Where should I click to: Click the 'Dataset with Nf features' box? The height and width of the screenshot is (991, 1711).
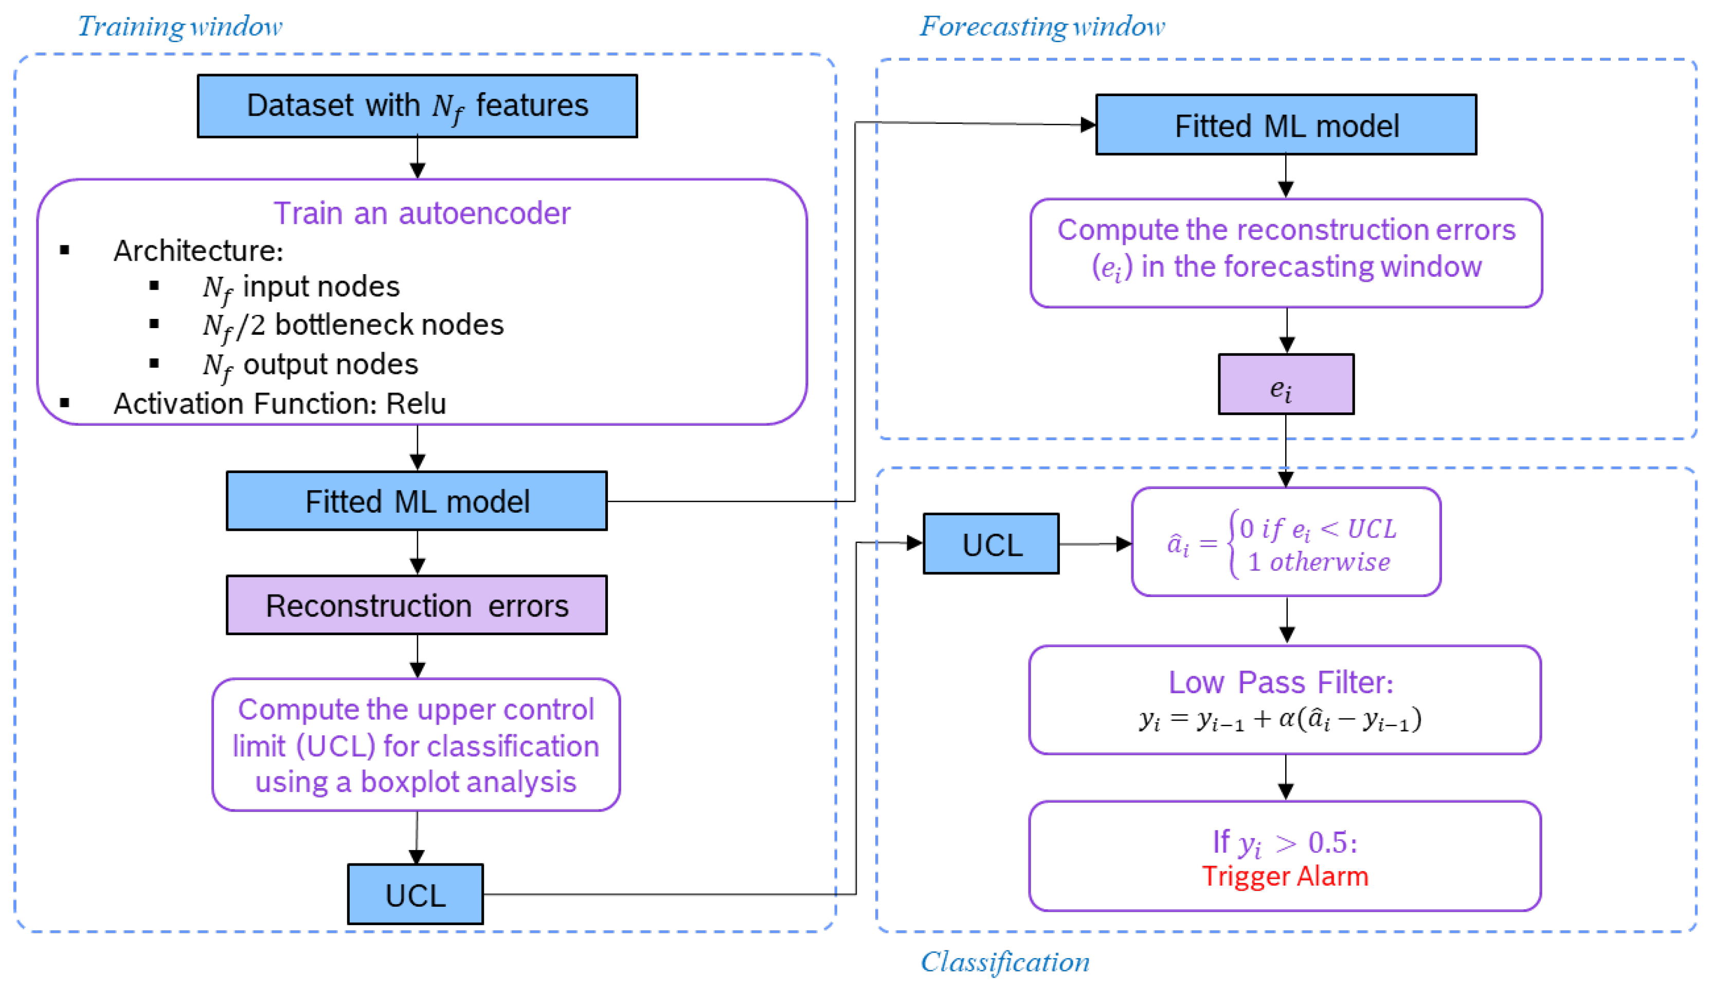[417, 106]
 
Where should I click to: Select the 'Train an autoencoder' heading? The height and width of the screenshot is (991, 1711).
[422, 213]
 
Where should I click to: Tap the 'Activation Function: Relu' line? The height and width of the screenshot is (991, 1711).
[279, 403]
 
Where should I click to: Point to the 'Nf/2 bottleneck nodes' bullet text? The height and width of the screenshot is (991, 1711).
[353, 325]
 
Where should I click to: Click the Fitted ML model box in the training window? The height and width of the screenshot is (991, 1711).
[417, 501]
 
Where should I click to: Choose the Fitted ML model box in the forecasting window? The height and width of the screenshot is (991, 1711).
[1286, 125]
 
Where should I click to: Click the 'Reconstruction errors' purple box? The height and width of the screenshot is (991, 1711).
[417, 605]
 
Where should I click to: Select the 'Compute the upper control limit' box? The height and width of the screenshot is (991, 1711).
[416, 745]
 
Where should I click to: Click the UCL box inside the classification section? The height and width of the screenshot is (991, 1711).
[992, 544]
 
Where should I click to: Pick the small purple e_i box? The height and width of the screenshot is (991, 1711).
[1286, 384]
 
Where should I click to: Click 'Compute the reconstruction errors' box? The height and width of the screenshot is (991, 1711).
[1286, 253]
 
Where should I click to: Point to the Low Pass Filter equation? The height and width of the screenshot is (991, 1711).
[1280, 719]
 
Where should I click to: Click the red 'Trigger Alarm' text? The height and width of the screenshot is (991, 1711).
[1285, 876]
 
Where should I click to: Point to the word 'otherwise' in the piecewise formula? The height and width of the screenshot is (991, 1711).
[1329, 562]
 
